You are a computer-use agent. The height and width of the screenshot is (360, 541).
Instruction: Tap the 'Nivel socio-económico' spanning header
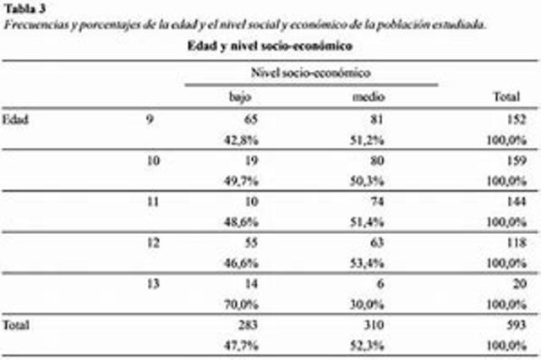312,74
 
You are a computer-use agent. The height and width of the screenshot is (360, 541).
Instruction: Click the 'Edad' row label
15,119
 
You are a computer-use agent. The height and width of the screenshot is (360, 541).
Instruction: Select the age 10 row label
153,160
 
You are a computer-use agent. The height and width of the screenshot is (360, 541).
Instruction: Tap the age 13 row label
153,285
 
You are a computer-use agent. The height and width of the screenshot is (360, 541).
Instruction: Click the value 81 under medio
378,119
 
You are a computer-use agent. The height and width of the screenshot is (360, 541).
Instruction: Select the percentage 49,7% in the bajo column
243,180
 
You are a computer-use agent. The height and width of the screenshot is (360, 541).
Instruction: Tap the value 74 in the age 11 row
378,202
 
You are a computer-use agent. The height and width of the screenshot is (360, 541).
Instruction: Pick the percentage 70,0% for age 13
243,305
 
